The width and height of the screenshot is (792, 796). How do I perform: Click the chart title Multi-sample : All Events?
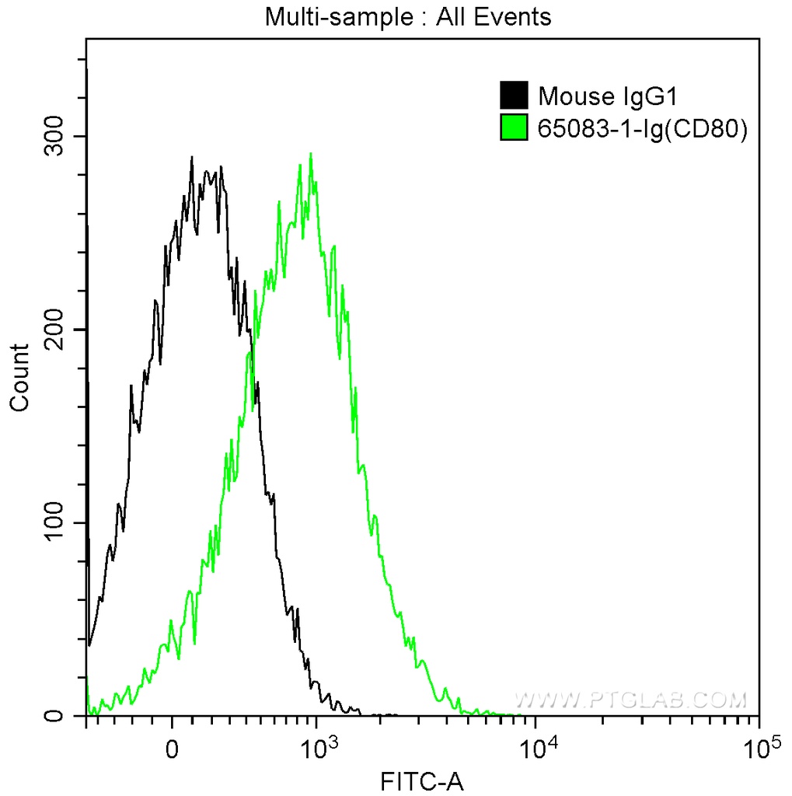coord(408,16)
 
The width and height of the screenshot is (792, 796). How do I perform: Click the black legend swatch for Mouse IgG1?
coord(513,96)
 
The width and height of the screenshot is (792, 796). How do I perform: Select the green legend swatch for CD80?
coord(513,128)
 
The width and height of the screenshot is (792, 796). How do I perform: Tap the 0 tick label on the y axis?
coord(68,715)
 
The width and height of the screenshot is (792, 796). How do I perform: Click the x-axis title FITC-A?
coord(422,780)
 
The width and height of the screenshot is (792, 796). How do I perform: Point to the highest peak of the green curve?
coord(311,154)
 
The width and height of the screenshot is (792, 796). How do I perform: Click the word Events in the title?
coord(515,16)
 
